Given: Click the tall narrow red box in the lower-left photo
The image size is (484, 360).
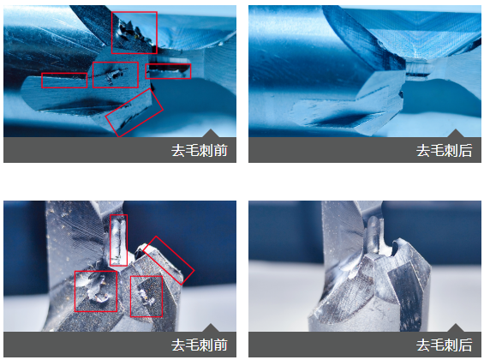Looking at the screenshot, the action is tap(111, 240).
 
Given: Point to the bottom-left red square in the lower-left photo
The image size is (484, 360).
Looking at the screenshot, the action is tap(75, 291).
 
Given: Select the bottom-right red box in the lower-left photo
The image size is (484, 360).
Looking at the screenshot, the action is tap(130, 297).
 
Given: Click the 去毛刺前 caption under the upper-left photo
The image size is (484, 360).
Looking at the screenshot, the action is tap(200, 150).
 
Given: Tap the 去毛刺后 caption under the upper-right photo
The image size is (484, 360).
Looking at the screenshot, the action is tap(445, 150).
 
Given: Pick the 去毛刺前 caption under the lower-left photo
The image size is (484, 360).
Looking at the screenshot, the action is tap(200, 345).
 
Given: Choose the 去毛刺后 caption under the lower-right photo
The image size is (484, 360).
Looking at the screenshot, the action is tap(445, 345).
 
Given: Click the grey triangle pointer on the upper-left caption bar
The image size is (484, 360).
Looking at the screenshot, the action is tap(211, 134).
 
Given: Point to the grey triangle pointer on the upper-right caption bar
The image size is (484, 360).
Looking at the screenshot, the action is tap(456, 134).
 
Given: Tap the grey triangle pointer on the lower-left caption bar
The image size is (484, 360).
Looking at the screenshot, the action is tap(211, 328).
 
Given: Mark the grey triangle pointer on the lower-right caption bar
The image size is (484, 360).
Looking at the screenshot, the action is tap(456, 328).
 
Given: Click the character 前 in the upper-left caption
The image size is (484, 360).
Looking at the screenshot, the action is tap(221, 150).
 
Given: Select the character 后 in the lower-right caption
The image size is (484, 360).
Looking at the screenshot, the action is tap(465, 345).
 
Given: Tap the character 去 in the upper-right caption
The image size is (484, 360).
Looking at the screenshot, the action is tap(423, 150).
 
